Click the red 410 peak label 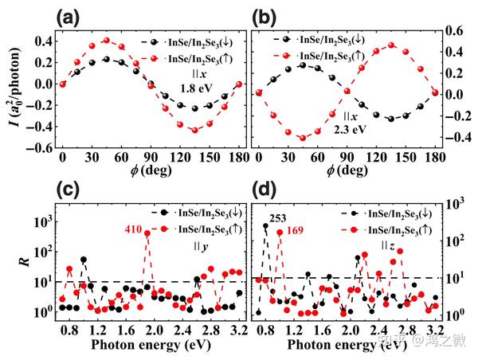tap(133, 229)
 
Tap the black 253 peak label tap(277, 217)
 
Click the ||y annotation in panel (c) tap(202, 247)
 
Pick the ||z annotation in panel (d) tap(389, 245)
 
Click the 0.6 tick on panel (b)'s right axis tap(454, 31)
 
